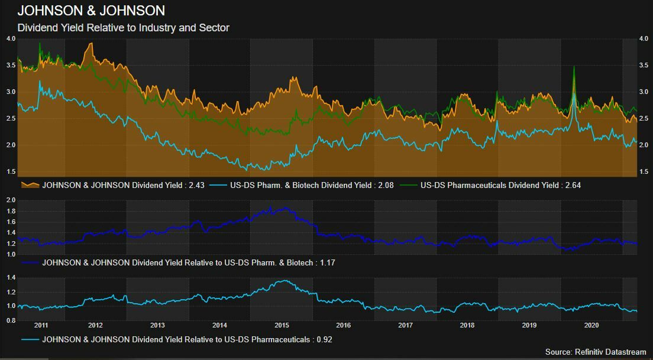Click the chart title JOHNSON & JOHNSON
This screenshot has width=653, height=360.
click(91, 11)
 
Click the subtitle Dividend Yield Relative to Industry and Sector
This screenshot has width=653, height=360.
click(123, 28)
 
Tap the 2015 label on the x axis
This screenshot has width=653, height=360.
click(282, 325)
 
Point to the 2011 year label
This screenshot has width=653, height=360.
click(41, 325)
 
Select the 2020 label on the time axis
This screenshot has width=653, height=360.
click(591, 325)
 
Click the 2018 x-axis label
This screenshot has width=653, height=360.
click(467, 325)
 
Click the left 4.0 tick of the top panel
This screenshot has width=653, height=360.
click(11, 38)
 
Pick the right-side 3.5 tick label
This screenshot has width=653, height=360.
click(644, 65)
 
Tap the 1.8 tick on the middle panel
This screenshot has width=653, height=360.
click(10, 211)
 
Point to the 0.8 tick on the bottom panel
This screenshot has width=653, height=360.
click(10, 320)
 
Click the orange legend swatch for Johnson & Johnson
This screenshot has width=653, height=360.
click(30, 185)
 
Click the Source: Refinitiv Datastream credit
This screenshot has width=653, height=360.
click(596, 352)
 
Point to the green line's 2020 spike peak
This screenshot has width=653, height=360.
click(574, 67)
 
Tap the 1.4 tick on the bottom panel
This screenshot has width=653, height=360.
click(10, 277)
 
